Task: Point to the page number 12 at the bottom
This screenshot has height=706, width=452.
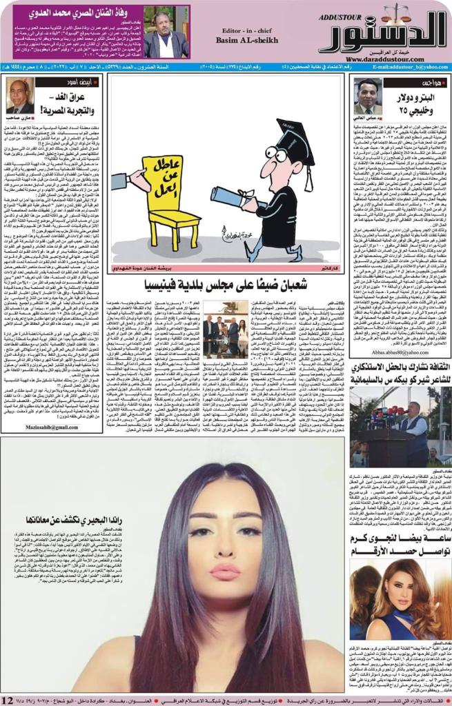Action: [8, 700]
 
